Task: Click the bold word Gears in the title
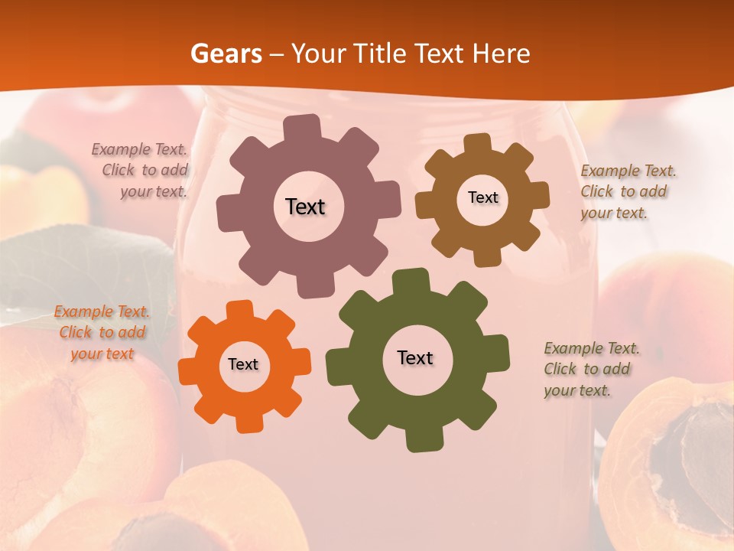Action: click(226, 54)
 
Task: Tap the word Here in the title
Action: click(501, 54)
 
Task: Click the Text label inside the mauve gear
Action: click(305, 207)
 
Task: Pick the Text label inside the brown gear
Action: click(482, 197)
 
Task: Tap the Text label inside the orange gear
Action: click(243, 364)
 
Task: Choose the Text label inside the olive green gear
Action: click(415, 357)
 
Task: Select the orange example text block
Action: click(102, 333)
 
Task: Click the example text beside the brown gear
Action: click(627, 191)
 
